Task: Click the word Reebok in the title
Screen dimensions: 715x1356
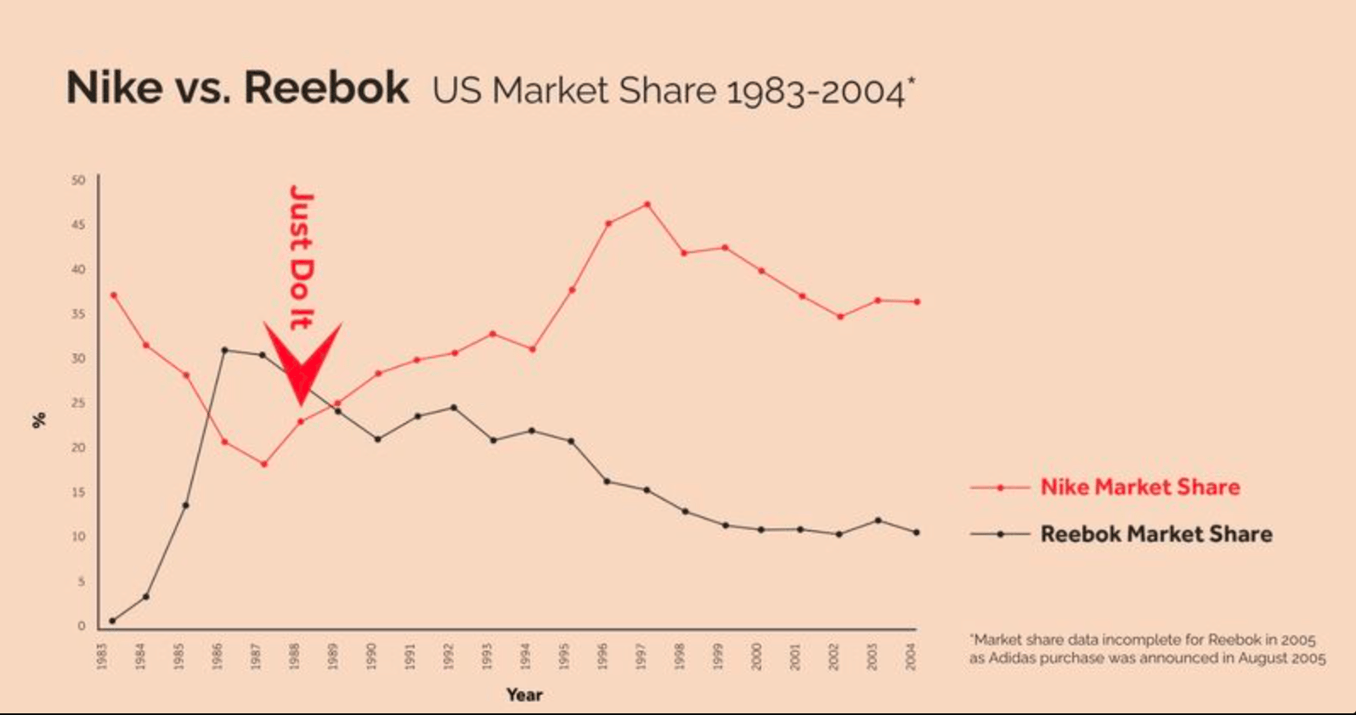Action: coord(326,87)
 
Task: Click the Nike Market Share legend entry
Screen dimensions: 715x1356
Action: coord(1139,487)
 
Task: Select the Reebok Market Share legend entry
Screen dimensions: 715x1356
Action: coord(1155,534)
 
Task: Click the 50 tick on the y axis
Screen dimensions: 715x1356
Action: coord(79,180)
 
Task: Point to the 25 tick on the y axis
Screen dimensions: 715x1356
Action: coord(79,403)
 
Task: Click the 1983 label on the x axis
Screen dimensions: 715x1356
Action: coord(102,655)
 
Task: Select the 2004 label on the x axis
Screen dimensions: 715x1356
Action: coord(911,655)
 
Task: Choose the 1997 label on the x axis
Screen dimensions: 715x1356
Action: coord(641,655)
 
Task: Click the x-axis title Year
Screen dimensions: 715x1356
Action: coord(524,695)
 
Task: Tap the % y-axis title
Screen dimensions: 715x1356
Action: coord(39,419)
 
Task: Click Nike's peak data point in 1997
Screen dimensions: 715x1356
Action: coord(647,204)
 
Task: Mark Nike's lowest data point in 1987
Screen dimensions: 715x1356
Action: coord(264,464)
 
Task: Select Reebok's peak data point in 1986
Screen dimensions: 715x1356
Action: coord(224,350)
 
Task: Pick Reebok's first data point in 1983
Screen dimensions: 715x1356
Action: coord(112,621)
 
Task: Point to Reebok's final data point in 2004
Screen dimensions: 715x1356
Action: coord(917,532)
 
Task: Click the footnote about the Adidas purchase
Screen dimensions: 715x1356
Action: coord(1147,649)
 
